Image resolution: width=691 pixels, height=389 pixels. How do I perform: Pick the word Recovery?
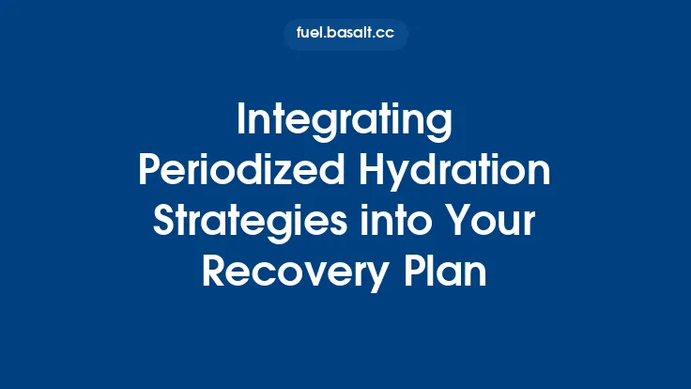pos(289,273)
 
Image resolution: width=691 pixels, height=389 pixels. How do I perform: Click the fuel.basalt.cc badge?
pos(345,35)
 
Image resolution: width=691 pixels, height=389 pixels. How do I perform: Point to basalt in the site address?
pos(350,35)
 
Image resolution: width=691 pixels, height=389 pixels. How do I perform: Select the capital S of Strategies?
pos(163,223)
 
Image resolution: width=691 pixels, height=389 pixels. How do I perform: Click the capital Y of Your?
pos(454,223)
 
